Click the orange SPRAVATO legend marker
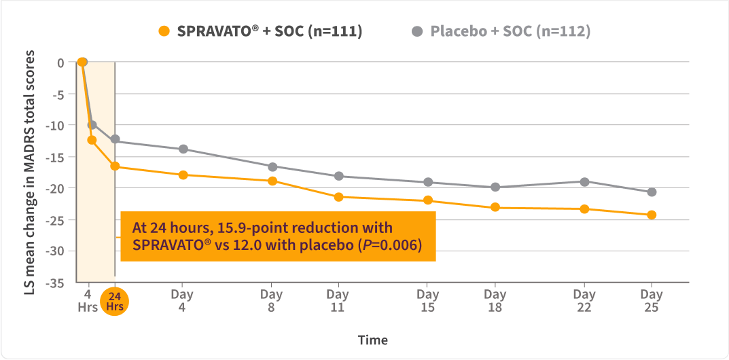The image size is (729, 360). [x=163, y=31]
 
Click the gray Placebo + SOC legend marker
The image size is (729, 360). [x=417, y=31]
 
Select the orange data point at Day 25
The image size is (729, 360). [x=652, y=215]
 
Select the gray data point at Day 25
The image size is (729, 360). [x=652, y=192]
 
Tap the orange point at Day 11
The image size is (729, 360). [x=338, y=197]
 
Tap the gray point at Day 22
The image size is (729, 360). [x=584, y=181]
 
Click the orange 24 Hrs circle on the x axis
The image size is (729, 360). [x=115, y=301]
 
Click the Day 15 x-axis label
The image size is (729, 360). [x=427, y=300]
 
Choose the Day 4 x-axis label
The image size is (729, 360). [x=182, y=300]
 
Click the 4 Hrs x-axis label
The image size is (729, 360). [x=87, y=300]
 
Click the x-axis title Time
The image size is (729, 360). [x=373, y=340]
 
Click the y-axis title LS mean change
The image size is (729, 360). [x=31, y=170]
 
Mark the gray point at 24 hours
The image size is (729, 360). [x=115, y=139]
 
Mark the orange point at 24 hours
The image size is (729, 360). [x=115, y=166]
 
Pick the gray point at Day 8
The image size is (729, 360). [x=272, y=166]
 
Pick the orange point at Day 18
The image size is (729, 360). [x=495, y=207]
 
